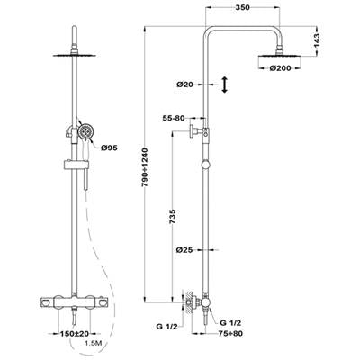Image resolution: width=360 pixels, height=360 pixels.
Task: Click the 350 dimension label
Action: (242, 7)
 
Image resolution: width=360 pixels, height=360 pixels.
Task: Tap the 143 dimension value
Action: (317, 40)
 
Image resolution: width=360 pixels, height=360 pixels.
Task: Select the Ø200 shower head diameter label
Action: (280, 68)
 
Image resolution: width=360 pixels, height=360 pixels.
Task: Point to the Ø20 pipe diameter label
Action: (184, 85)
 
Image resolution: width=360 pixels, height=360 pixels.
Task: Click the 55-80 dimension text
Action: (174, 118)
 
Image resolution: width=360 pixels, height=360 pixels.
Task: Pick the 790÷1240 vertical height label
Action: (145, 167)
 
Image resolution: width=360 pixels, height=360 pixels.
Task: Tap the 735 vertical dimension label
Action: (173, 217)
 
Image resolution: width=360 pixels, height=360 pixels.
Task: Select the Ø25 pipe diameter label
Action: (184, 249)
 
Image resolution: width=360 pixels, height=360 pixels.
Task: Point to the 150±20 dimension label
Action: (71, 333)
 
